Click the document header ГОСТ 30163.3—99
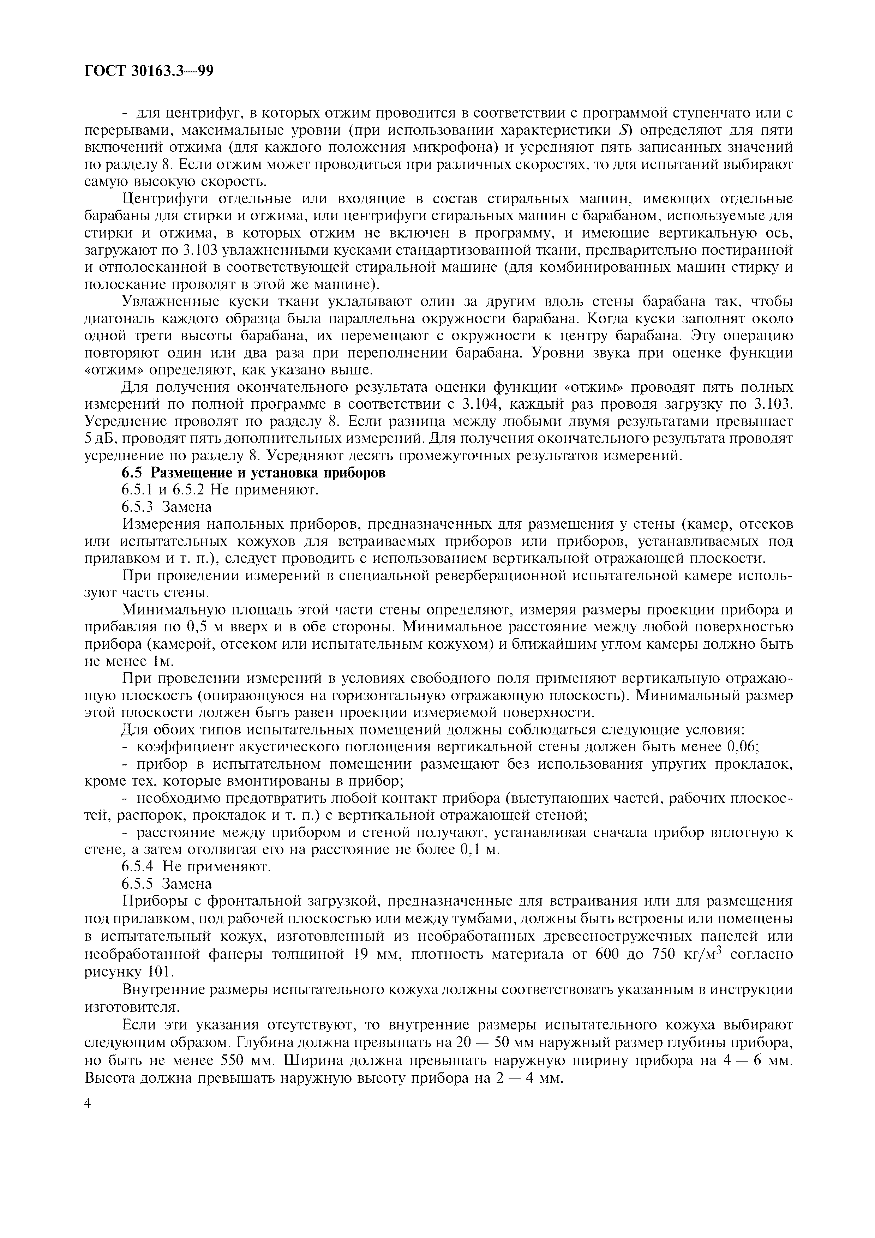point(149,71)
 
